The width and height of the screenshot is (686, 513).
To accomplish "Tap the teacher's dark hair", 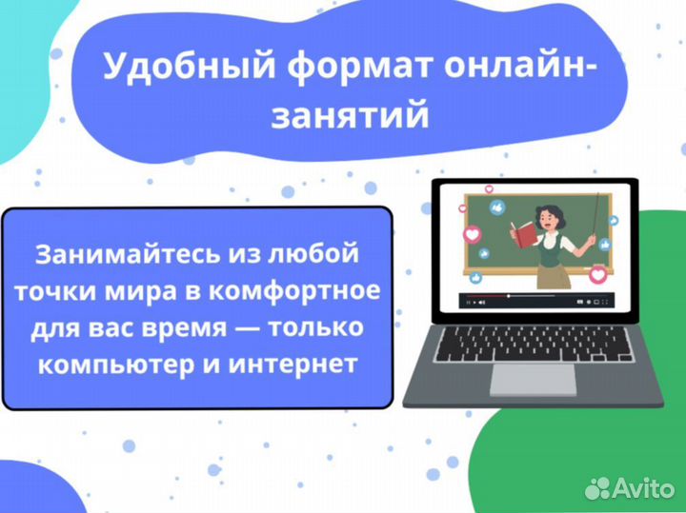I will coord(550,205).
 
